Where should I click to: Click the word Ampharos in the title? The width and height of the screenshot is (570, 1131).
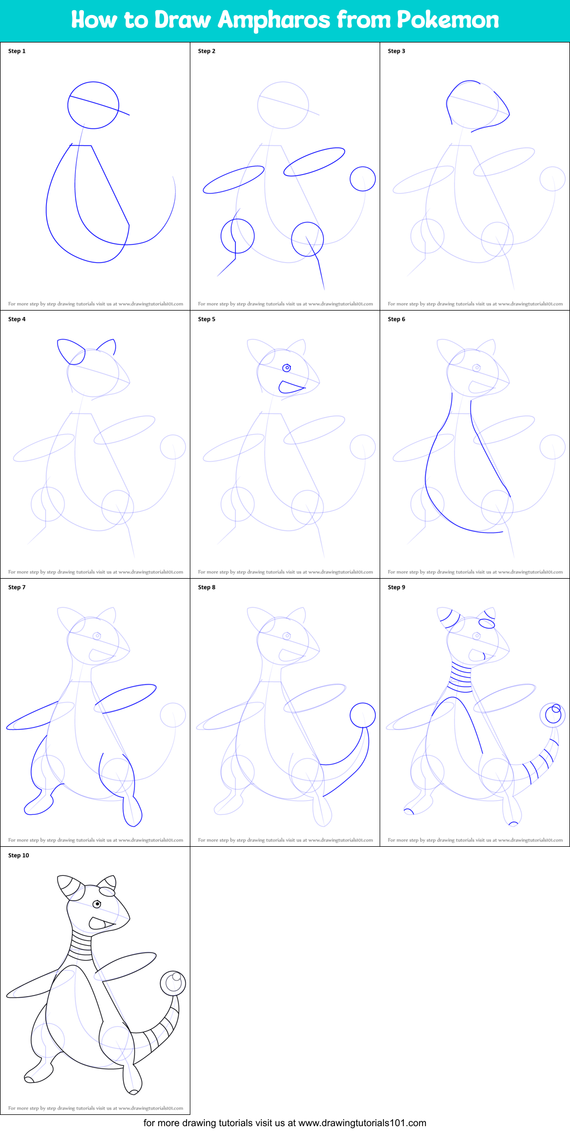[x=274, y=20]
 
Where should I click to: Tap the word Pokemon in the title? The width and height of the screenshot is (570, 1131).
[x=448, y=20]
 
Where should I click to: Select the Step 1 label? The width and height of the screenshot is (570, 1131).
[x=17, y=51]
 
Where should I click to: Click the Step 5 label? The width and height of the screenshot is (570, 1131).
[x=206, y=319]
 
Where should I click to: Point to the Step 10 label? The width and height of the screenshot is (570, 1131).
[x=19, y=855]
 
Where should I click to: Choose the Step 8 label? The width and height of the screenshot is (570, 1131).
[x=206, y=587]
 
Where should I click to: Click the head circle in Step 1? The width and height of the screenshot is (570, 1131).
[x=93, y=105]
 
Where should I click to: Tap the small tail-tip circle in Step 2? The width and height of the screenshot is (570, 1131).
[x=362, y=178]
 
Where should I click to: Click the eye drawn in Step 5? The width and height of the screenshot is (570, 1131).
[x=287, y=368]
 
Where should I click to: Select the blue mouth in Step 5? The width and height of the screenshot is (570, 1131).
[x=290, y=387]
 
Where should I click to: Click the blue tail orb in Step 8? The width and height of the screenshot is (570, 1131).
[x=362, y=715]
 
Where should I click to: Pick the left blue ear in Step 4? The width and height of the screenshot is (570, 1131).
[x=70, y=351]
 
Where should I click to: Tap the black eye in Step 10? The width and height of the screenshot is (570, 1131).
[x=97, y=904]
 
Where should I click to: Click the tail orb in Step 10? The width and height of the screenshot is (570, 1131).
[x=173, y=983]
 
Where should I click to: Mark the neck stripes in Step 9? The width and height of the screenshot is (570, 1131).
[x=460, y=679]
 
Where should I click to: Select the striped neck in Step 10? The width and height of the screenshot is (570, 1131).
[x=81, y=946]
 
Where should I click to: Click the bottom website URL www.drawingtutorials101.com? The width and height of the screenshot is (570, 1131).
[x=362, y=1122]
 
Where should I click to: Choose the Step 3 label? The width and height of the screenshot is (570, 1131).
[x=396, y=51]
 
